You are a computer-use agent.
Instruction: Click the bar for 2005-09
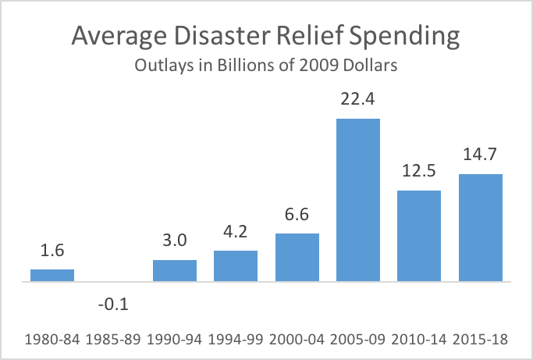click(357, 199)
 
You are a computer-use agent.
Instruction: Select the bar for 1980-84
click(52, 275)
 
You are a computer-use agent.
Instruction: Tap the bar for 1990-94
click(175, 270)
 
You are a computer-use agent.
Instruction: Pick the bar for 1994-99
click(236, 266)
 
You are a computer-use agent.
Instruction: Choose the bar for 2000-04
click(297, 257)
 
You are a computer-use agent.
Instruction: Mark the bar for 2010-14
click(419, 235)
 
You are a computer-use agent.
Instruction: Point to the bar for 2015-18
click(480, 227)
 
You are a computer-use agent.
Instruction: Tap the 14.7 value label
click(480, 157)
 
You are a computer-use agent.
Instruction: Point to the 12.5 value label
click(419, 173)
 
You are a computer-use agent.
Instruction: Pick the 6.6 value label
click(297, 216)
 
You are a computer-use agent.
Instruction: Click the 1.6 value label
click(52, 253)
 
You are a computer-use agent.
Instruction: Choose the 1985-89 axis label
click(113, 340)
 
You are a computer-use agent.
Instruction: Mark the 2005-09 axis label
click(357, 340)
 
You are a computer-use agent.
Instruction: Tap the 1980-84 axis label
click(52, 340)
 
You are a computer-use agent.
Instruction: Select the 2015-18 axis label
click(480, 340)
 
